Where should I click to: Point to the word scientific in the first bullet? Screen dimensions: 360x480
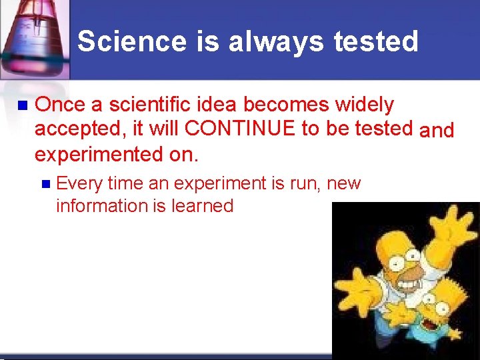coord(145,105)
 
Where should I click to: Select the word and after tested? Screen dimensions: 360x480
coord(437,130)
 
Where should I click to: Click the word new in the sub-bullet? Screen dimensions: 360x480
coord(345,183)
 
